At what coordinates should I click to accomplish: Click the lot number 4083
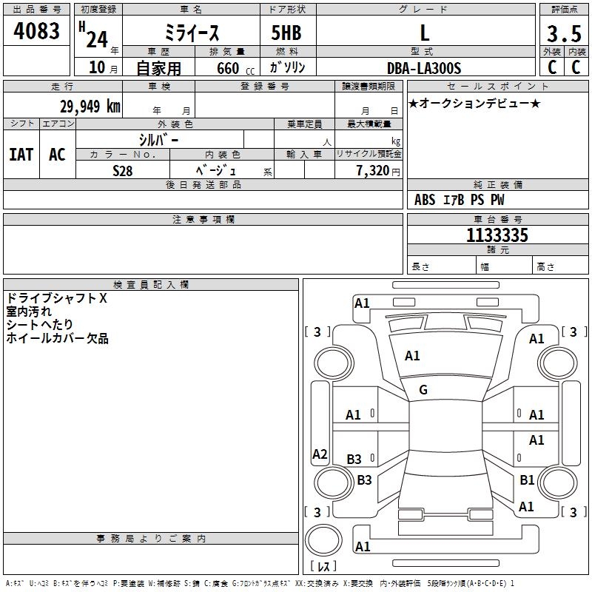37,31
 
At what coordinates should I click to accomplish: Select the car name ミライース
191,33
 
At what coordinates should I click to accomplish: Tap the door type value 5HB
286,33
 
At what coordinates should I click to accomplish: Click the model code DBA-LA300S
424,68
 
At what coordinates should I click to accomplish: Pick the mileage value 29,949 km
90,106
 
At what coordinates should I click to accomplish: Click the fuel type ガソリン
288,67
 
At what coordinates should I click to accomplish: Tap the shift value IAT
21,155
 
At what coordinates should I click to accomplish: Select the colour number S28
122,170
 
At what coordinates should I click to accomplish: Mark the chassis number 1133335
497,235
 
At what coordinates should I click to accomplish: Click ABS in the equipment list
425,200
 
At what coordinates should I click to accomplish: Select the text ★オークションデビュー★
474,103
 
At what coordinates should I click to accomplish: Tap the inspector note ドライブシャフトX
57,298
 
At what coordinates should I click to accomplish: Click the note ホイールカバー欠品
57,338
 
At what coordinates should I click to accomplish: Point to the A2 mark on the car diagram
320,454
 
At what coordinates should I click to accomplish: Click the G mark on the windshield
423,390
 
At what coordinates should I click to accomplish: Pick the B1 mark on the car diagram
527,480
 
